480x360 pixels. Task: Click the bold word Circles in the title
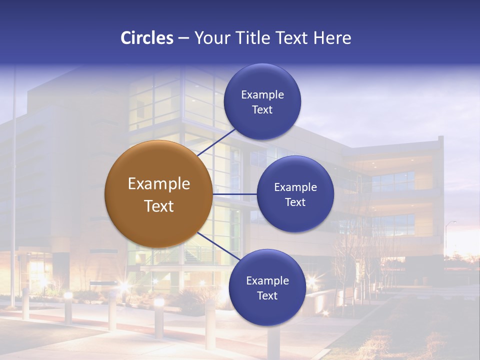(146, 38)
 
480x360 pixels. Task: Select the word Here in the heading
(332, 38)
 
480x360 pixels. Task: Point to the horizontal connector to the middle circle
(234, 194)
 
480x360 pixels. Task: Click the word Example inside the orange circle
(159, 184)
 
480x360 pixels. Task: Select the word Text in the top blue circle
(262, 110)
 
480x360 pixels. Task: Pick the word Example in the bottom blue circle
(267, 281)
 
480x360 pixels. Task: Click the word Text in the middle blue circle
(295, 202)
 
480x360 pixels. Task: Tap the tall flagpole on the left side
(14, 190)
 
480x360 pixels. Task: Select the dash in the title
(183, 38)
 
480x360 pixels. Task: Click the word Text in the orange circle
(159, 206)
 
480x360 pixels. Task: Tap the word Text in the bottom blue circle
(267, 296)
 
